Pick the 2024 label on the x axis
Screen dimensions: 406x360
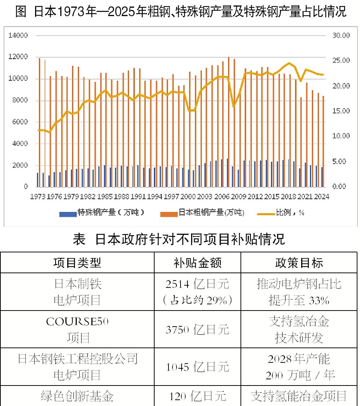(321, 197)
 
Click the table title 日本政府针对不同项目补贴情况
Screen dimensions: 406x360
(179, 240)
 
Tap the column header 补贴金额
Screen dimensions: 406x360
(197, 263)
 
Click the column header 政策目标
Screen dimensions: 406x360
(299, 263)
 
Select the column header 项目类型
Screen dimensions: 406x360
(77, 263)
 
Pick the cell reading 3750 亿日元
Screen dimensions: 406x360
(197, 330)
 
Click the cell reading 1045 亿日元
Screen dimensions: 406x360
(197, 367)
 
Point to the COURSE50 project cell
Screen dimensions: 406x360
(77, 329)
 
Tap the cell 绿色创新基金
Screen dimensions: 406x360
(77, 396)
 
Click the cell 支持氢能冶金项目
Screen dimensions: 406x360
(299, 396)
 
